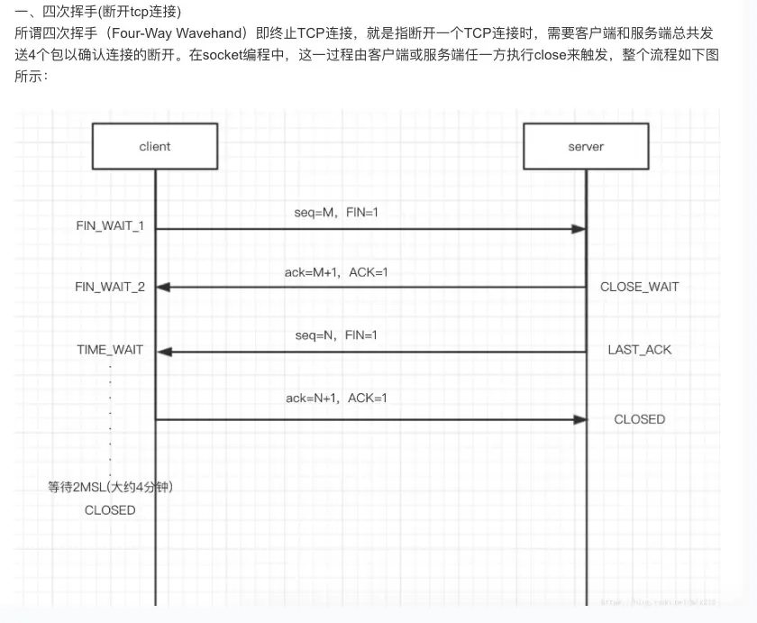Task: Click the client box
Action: [155, 146]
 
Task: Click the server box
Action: [586, 146]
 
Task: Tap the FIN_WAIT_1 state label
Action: [110, 225]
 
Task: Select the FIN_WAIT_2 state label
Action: [110, 287]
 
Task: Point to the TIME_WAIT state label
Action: [110, 350]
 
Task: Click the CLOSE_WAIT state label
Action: [640, 287]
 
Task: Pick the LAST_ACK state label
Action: [640, 350]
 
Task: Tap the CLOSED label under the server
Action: [640, 419]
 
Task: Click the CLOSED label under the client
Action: [110, 510]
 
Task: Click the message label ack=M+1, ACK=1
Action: [336, 272]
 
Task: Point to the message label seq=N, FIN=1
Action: [336, 335]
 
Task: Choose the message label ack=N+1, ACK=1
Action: [336, 398]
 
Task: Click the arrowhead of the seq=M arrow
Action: [579, 229]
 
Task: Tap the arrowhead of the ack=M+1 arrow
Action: [163, 287]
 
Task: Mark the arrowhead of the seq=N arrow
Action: [163, 352]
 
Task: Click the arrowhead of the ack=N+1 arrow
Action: [579, 419]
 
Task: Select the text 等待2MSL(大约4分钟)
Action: [110, 488]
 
